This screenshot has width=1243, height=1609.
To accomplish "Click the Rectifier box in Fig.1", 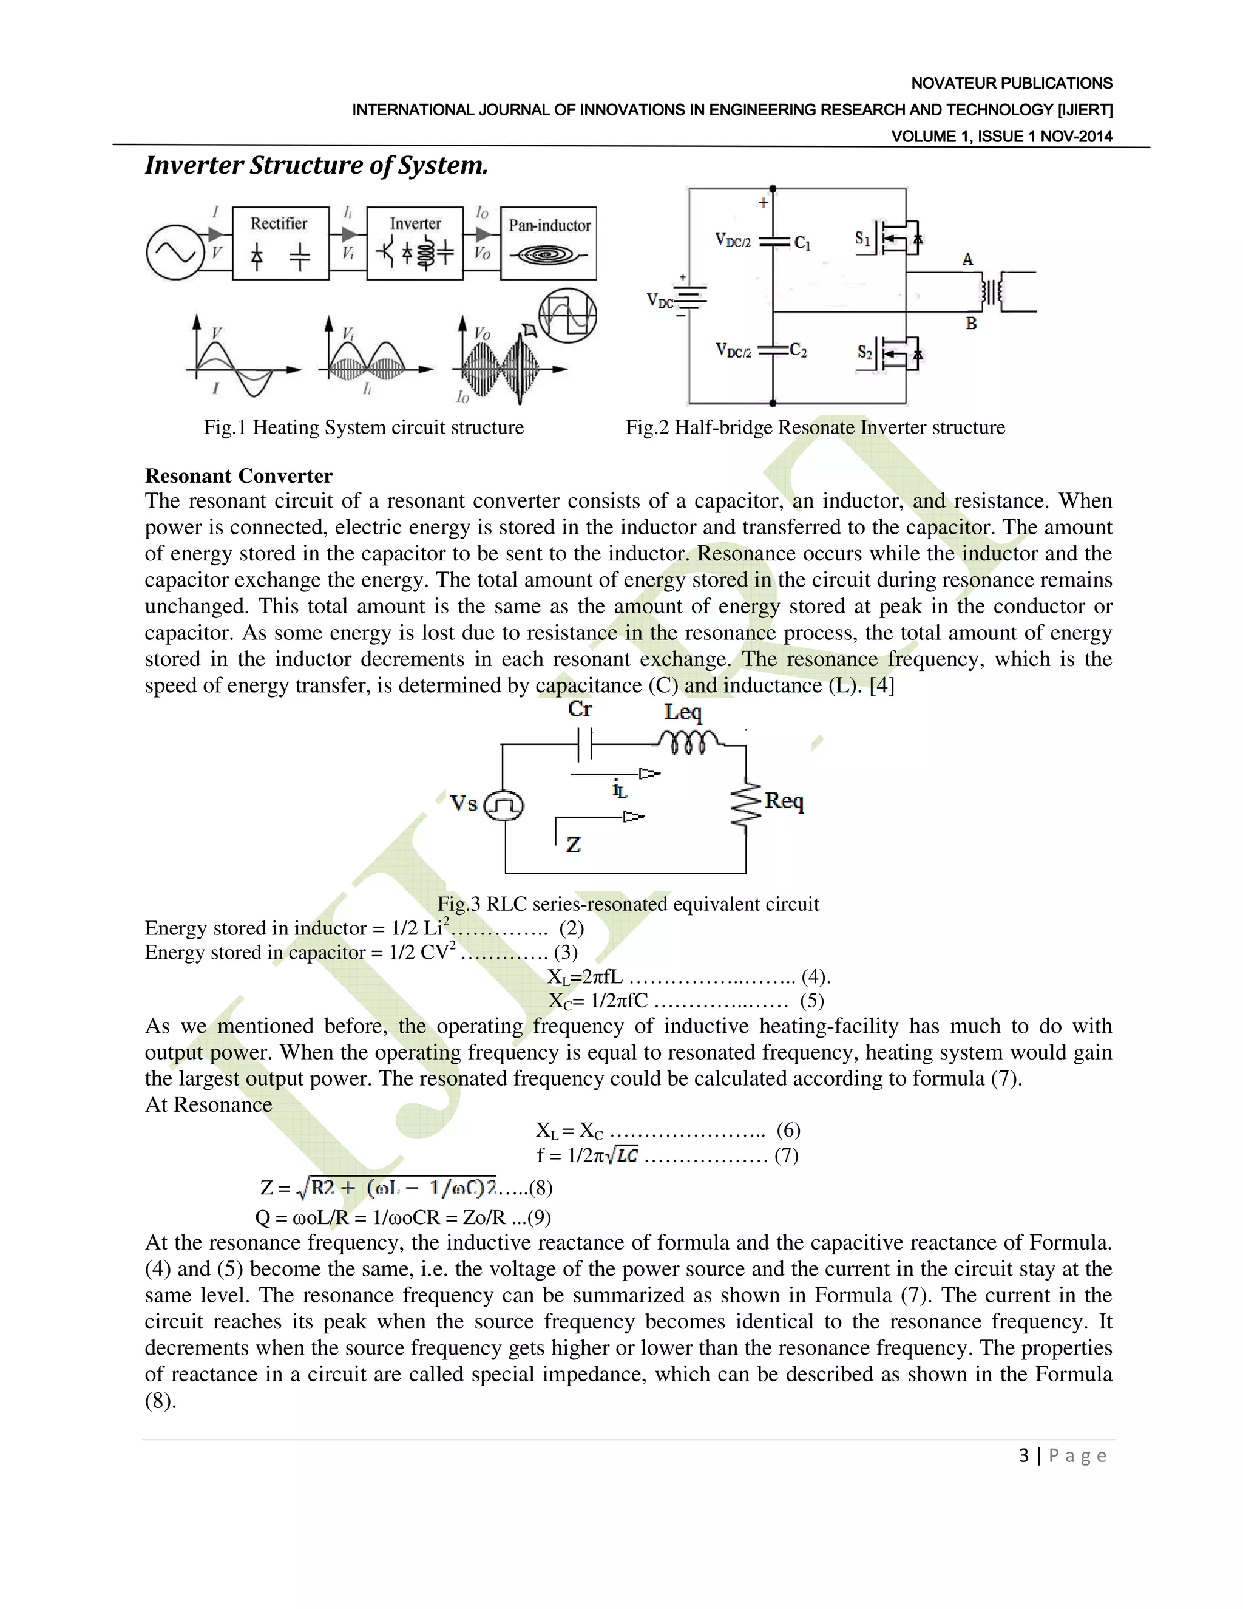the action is [280, 243].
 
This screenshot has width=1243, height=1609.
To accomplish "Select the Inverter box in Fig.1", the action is [415, 243].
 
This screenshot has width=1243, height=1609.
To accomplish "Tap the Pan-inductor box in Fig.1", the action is [549, 243].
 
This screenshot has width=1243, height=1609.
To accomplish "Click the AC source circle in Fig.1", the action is [175, 253].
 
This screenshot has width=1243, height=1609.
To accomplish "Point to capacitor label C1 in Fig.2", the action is [802, 243].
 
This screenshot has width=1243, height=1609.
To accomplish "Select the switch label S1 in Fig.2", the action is [862, 238].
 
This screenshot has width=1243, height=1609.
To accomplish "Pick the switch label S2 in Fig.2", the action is [864, 352].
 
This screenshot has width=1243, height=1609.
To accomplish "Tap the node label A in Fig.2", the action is [967, 259].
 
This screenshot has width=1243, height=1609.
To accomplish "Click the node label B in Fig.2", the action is [971, 324].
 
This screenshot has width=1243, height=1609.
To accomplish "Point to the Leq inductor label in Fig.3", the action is [683, 712].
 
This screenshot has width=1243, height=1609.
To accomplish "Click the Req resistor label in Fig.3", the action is [784, 801].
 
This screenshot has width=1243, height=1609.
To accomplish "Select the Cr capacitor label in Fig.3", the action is [580, 709].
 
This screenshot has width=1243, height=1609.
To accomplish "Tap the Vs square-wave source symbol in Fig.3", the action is [504, 804].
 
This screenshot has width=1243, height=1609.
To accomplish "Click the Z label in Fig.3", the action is [574, 845].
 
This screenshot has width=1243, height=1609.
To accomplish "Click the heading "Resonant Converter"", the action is [239, 476].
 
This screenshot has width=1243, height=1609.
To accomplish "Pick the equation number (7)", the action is [786, 1155].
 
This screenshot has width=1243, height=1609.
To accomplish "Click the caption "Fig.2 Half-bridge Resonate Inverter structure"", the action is [815, 427].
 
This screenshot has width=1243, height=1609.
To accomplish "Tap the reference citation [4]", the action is [881, 685].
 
